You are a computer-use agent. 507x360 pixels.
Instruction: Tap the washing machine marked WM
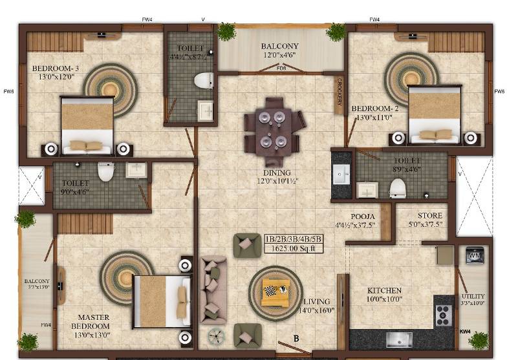(473, 257)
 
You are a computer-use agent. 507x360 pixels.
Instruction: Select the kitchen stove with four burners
(444, 315)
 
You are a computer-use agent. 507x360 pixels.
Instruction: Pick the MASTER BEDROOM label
(93, 322)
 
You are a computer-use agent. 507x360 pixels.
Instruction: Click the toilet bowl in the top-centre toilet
(204, 81)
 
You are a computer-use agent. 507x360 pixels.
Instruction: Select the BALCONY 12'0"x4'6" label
(279, 50)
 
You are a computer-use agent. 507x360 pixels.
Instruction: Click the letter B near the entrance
(297, 337)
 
